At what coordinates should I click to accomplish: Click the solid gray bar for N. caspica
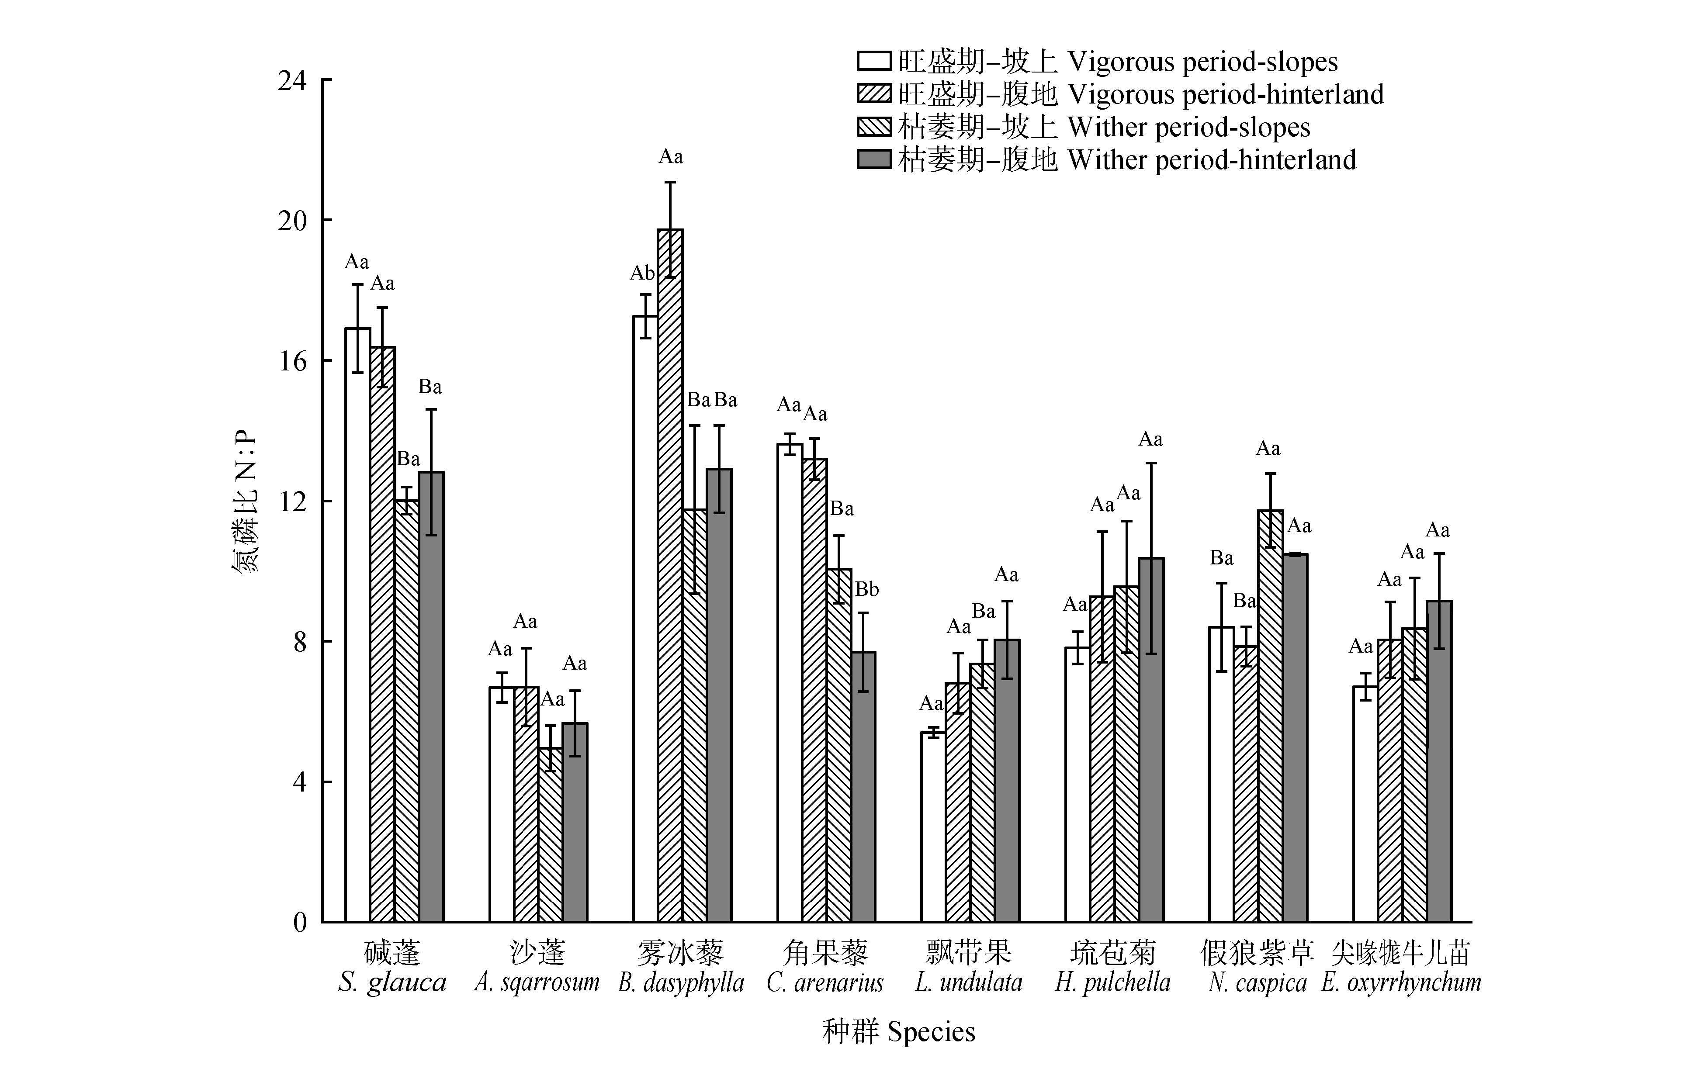click(x=1295, y=738)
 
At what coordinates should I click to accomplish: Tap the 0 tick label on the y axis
click(x=299, y=922)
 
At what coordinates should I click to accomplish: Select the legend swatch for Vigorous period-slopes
click(x=874, y=61)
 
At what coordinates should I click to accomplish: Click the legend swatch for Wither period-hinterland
click(x=874, y=159)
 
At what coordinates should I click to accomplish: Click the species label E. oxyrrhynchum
click(x=1401, y=982)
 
